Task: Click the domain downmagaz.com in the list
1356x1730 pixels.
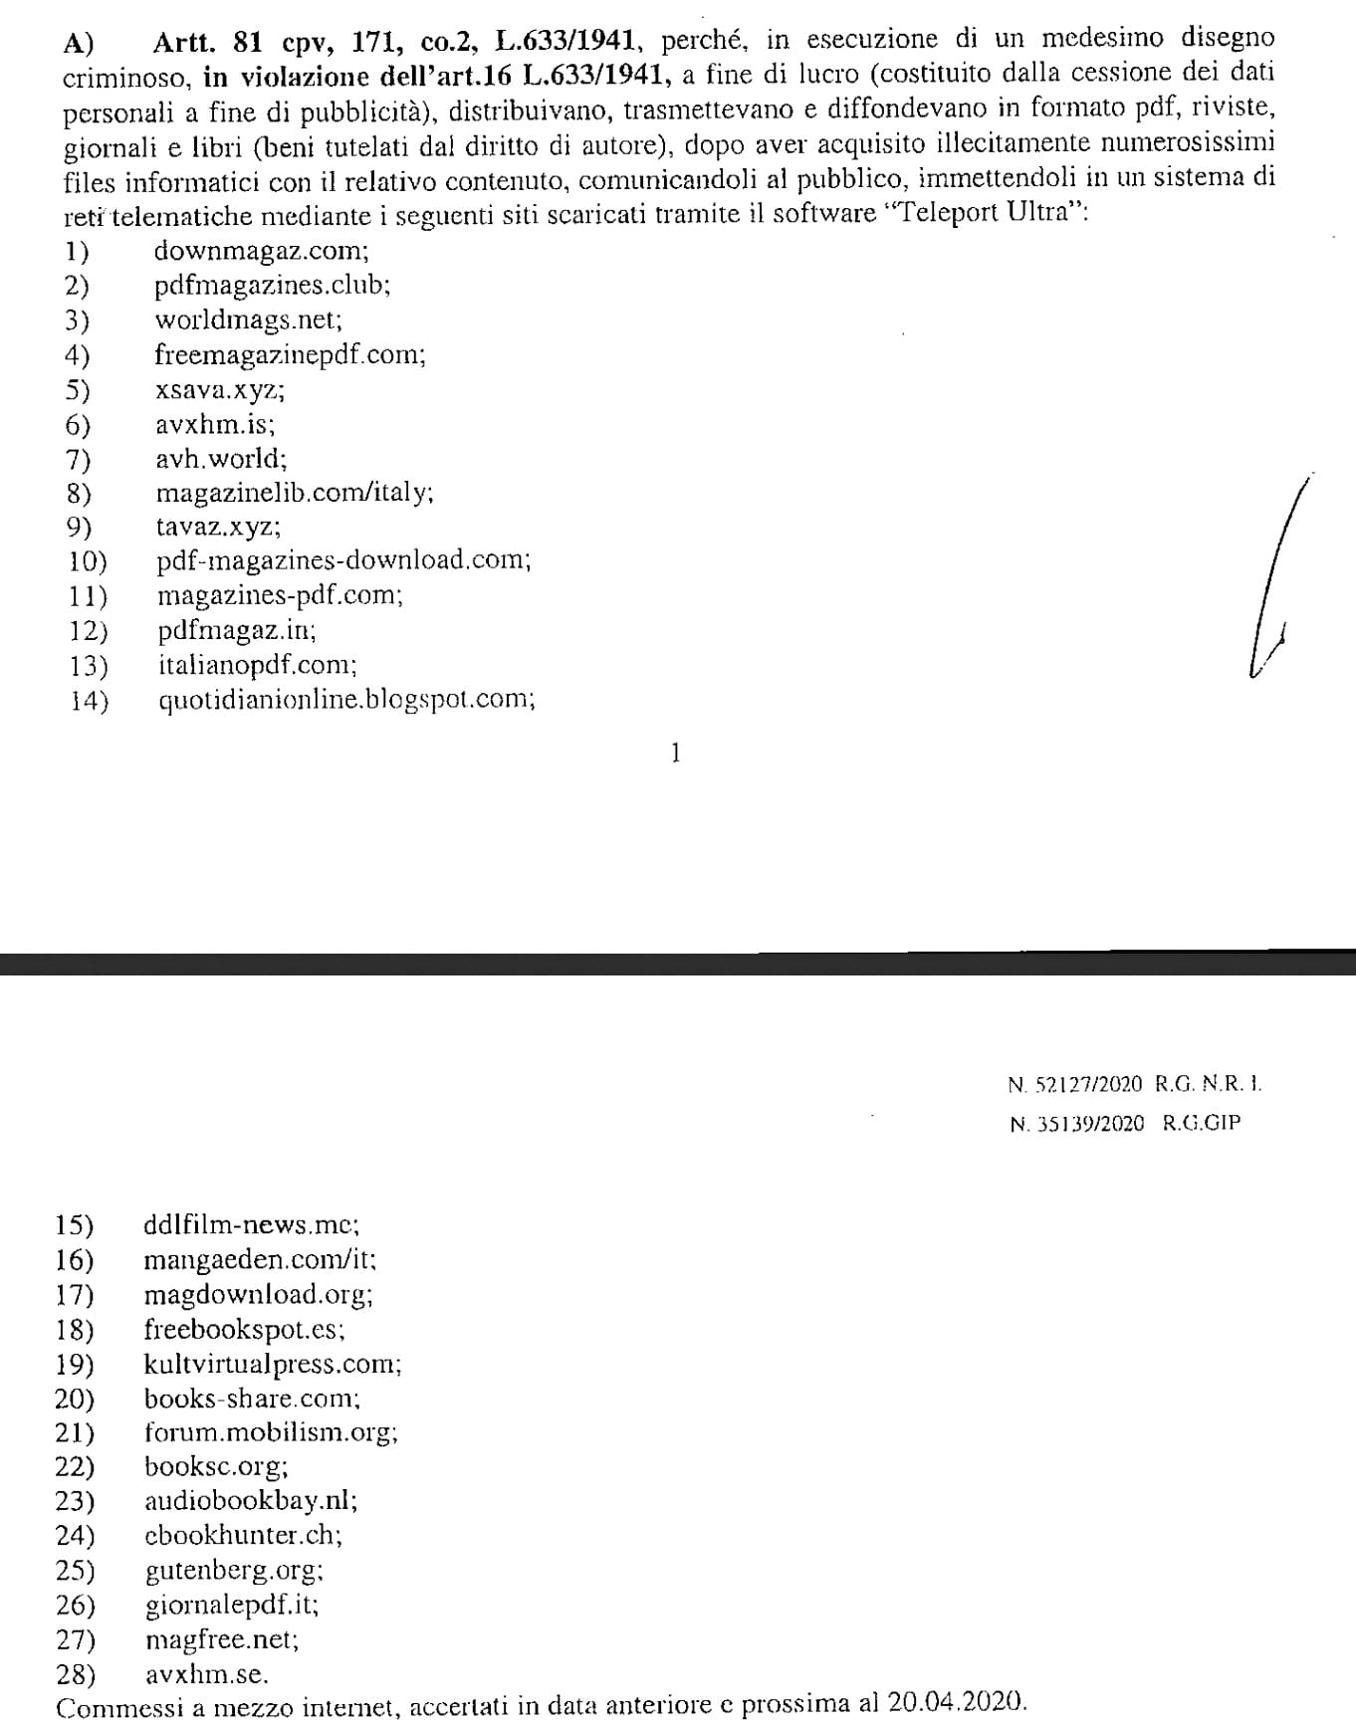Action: (261, 251)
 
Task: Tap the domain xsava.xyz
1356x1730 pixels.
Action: (219, 390)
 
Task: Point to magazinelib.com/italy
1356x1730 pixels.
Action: (294, 493)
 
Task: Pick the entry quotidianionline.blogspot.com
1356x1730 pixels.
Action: (346, 700)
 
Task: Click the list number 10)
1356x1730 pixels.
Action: (88, 561)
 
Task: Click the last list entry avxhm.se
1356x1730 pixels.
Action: (206, 1674)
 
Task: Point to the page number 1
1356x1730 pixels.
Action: (676, 754)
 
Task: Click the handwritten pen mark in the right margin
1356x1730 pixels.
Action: (1275, 582)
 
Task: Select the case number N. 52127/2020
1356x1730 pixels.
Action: (1075, 1085)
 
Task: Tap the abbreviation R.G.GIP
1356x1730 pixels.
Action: (1202, 1124)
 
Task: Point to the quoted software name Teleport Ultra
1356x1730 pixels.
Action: (980, 214)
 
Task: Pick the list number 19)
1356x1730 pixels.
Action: (75, 1364)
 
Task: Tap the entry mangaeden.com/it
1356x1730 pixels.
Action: (260, 1260)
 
